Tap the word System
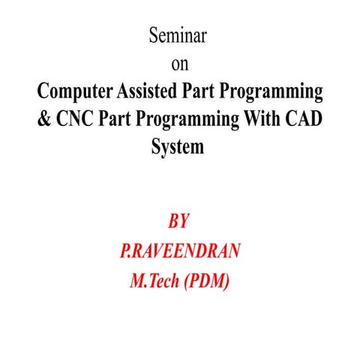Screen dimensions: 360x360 point(178,148)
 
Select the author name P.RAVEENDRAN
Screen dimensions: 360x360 point(180,251)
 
